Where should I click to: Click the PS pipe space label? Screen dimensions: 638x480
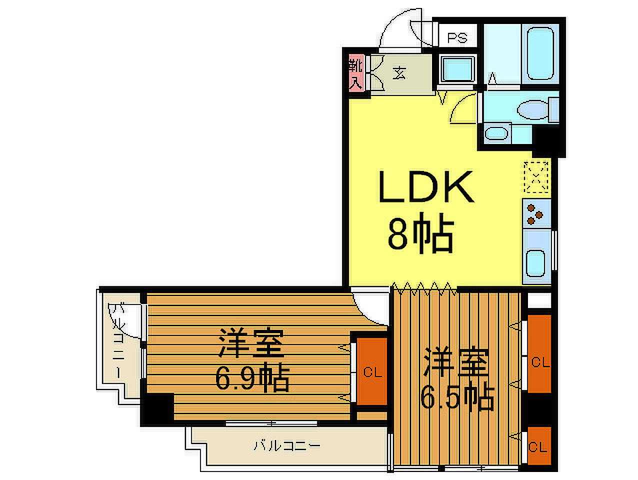click(457, 38)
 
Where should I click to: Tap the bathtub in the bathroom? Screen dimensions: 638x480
click(540, 53)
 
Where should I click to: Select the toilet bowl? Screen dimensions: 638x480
click(533, 110)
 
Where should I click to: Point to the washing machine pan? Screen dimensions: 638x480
click(457, 69)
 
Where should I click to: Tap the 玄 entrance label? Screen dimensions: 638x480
click(399, 73)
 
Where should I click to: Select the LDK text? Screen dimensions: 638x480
click(426, 187)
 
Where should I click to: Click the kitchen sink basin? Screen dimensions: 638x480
click(535, 263)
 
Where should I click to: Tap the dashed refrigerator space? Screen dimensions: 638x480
click(536, 177)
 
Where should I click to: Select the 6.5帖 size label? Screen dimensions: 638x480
click(457, 398)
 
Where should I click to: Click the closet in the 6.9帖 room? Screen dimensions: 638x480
click(372, 371)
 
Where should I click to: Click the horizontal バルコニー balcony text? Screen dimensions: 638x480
click(287, 445)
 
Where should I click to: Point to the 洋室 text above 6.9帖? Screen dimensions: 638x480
click(251, 343)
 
